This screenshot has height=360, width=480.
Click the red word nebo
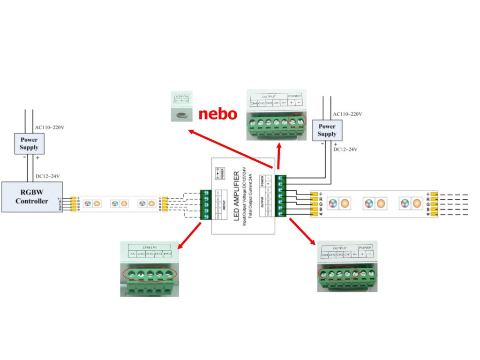coord(217,114)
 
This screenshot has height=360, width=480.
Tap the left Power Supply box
coord(29,143)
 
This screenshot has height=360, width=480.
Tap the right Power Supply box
coord(327,130)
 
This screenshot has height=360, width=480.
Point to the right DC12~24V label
coord(345,150)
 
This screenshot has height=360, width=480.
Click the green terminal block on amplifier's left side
coord(205,205)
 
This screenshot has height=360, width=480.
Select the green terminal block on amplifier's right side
coord(281,195)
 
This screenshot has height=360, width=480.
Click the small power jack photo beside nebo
coord(181,108)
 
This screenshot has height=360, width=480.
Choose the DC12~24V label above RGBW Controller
coord(47,176)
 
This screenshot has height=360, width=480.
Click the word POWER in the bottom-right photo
coord(366,247)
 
